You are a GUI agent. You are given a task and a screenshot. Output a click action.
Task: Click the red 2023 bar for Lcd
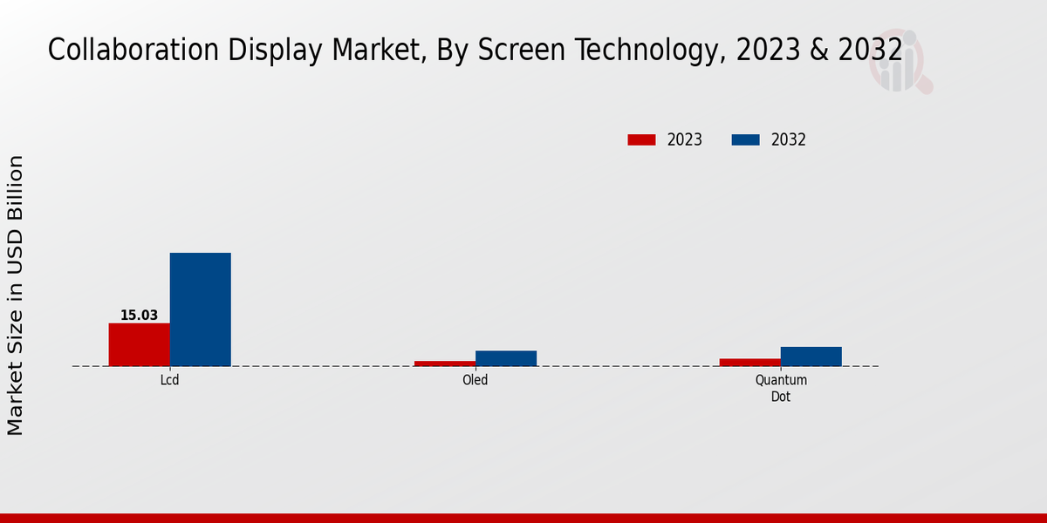[x=139, y=344]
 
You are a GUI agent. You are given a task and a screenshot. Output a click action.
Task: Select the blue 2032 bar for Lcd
[x=200, y=309]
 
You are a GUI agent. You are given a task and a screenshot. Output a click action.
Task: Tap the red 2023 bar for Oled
[x=444, y=363]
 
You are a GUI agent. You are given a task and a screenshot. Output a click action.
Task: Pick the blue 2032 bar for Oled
[x=505, y=358]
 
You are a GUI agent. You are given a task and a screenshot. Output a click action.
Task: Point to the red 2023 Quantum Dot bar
[x=749, y=362]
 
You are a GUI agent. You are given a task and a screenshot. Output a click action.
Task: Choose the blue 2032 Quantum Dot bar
[x=811, y=357]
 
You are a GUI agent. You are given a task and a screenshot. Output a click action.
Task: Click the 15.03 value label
[x=139, y=316]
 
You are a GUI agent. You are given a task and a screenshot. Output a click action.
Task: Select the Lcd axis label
[x=169, y=380]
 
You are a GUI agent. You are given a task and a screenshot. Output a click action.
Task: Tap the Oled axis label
[x=475, y=380]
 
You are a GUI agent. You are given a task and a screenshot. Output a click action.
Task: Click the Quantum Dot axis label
[x=780, y=388]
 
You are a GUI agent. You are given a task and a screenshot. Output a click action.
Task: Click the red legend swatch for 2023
[x=641, y=139]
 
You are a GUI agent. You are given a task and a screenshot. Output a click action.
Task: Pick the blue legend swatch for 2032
[x=745, y=139]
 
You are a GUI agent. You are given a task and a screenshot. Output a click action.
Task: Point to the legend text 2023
[x=685, y=139]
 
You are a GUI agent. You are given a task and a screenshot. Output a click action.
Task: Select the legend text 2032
[x=789, y=139]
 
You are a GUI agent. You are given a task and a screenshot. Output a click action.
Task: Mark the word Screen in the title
[x=499, y=51]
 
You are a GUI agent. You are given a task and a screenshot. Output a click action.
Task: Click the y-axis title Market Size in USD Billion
[x=16, y=295]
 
